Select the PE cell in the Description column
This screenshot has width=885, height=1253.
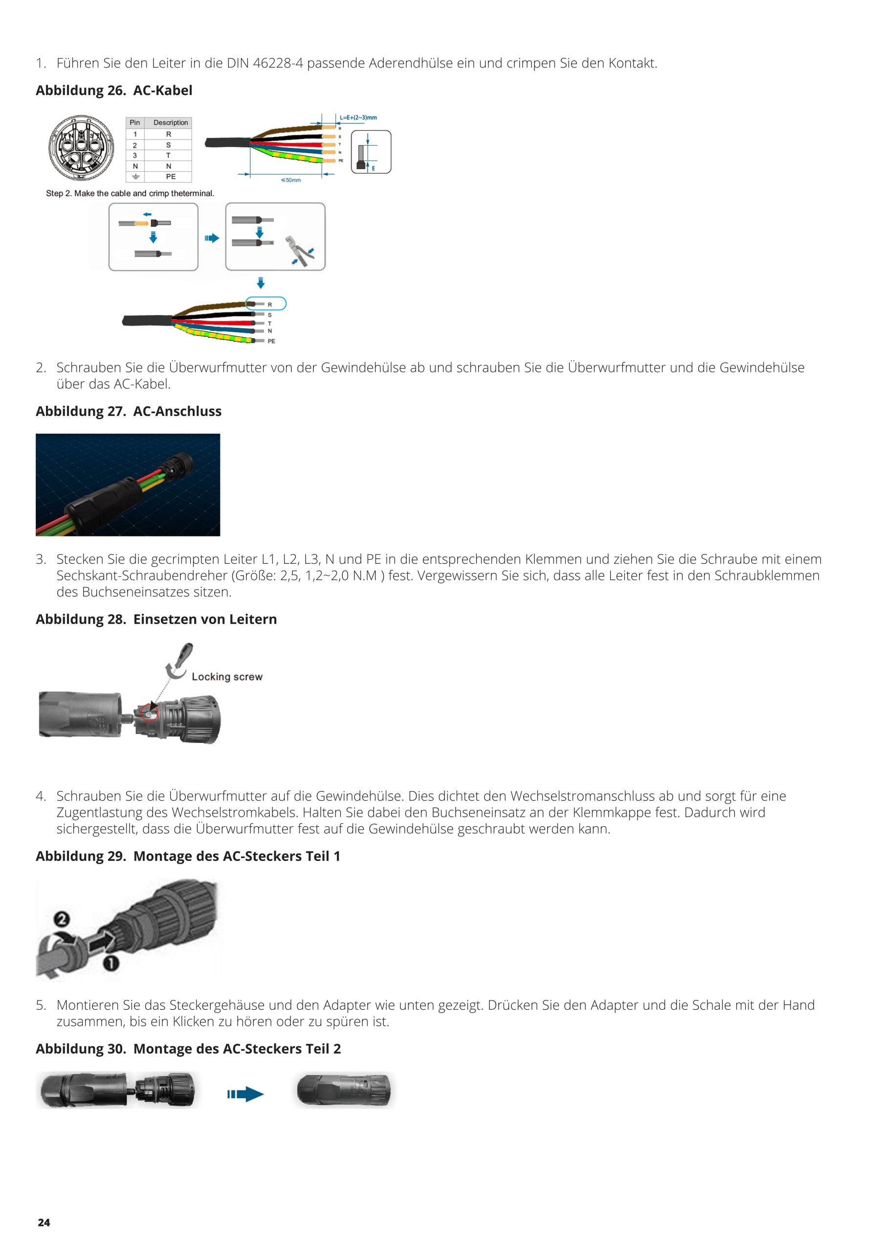click(x=171, y=177)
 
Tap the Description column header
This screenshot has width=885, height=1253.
click(x=171, y=123)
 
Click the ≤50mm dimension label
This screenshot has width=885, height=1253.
click(x=290, y=180)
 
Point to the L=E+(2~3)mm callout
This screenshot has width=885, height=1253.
click(x=358, y=117)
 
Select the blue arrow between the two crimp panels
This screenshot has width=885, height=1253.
click(x=212, y=238)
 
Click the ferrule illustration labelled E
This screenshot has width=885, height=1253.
click(x=371, y=152)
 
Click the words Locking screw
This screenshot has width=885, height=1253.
click(x=227, y=677)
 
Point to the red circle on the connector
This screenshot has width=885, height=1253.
click(x=148, y=712)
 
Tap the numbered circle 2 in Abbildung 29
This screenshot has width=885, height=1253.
click(x=62, y=920)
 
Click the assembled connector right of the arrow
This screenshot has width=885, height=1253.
click(x=345, y=1090)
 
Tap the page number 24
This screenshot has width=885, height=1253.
click(x=44, y=1223)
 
